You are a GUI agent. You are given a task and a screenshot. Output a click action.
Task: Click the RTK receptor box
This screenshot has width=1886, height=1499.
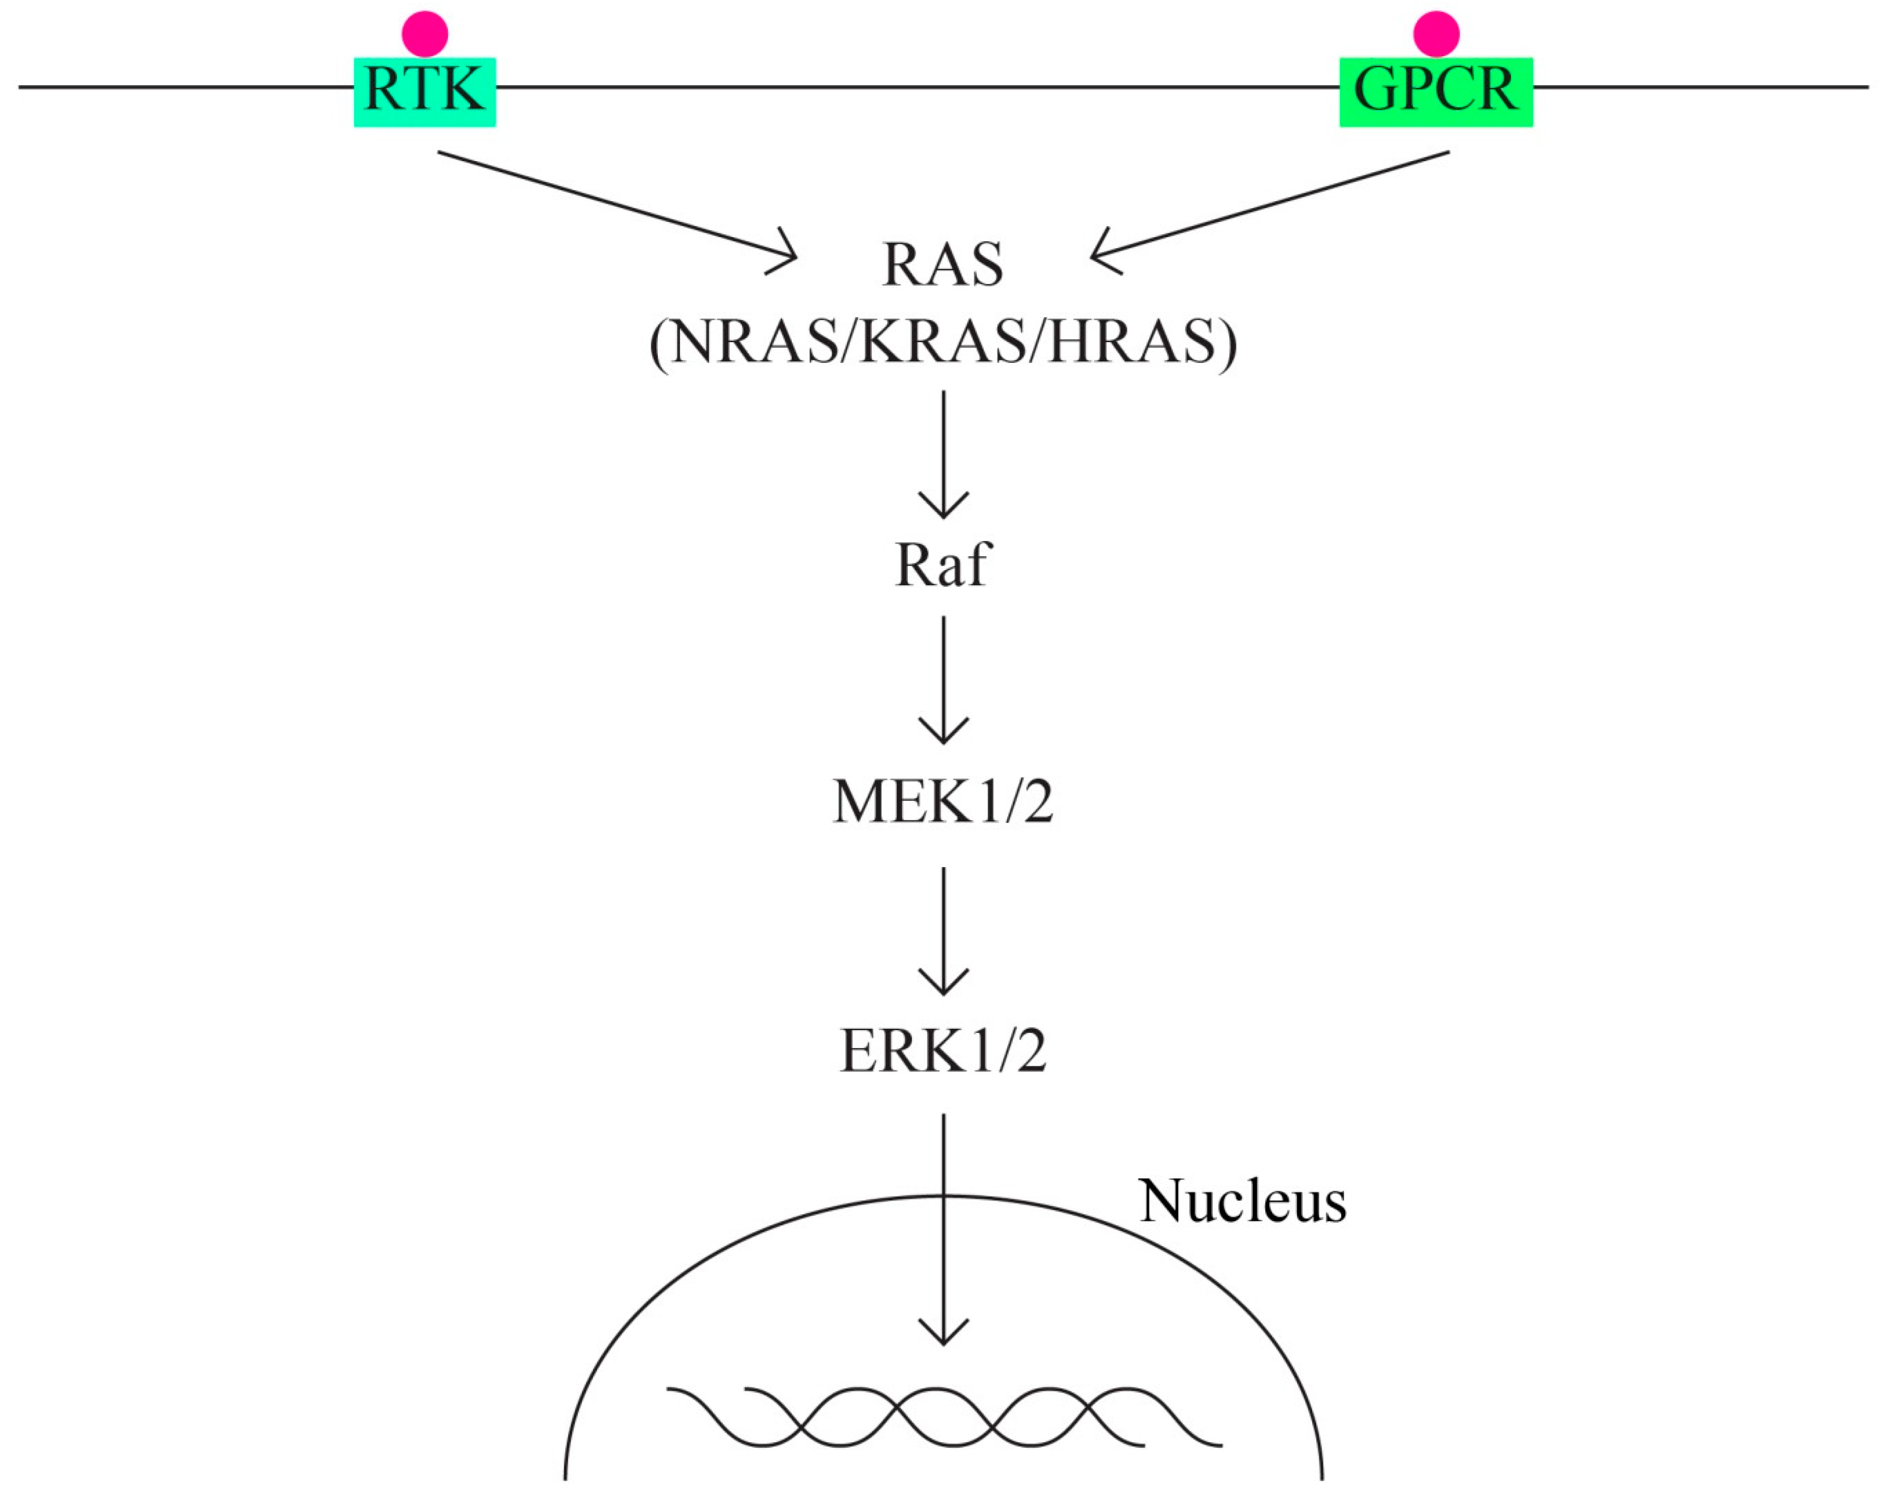pyautogui.click(x=424, y=92)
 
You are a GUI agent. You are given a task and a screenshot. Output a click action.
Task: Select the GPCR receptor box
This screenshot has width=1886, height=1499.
pyautogui.click(x=1435, y=92)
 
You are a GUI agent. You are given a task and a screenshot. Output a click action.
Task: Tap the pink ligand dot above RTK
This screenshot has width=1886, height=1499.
pyautogui.click(x=425, y=34)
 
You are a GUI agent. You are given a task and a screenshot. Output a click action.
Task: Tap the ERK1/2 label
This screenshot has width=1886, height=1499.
pyautogui.click(x=943, y=1051)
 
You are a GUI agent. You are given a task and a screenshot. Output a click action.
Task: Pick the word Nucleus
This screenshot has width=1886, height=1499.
pyautogui.click(x=1242, y=1202)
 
